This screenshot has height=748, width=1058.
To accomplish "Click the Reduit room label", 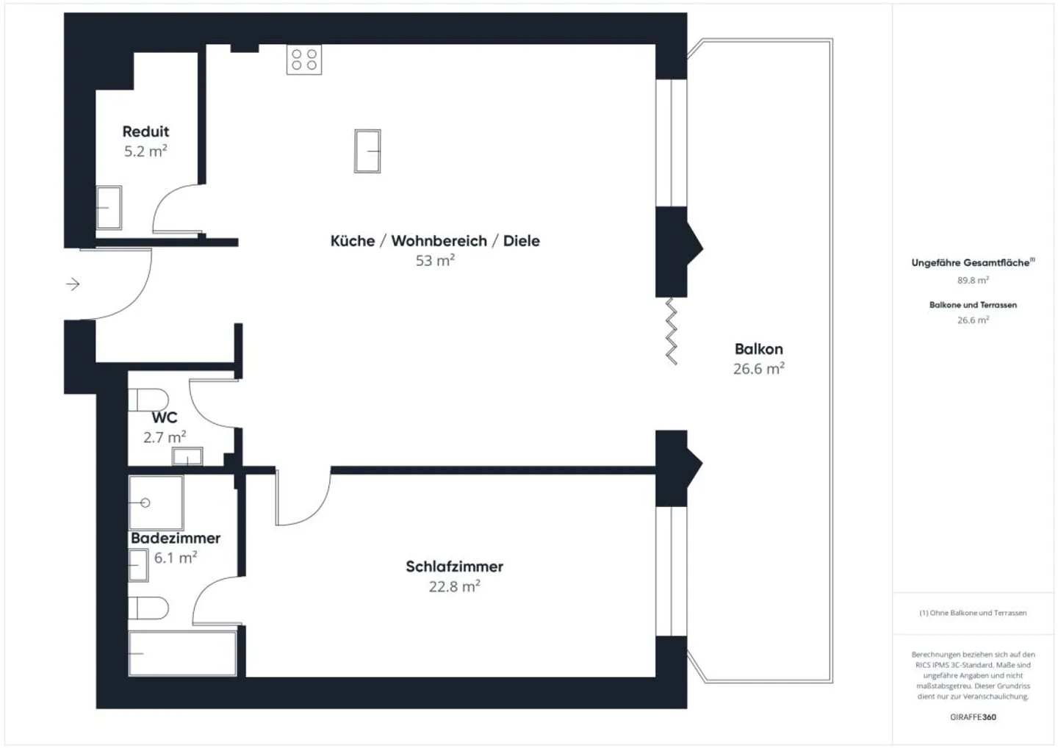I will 145,132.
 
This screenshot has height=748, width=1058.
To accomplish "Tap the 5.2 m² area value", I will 145,151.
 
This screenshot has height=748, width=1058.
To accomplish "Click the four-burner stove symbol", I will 304,60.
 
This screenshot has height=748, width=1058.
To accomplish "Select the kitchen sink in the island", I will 367,151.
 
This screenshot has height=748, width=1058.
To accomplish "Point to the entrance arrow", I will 73,284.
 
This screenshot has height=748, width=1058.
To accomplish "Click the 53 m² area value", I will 435,260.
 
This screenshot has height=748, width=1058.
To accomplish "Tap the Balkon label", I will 758,349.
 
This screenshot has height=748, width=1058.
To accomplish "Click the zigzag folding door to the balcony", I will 671,331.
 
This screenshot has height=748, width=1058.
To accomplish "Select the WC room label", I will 165,417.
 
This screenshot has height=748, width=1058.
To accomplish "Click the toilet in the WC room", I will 148,400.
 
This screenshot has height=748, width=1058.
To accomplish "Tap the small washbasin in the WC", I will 187,456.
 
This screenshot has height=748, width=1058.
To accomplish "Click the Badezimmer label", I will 176,538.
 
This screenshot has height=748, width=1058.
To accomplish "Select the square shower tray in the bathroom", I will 156,503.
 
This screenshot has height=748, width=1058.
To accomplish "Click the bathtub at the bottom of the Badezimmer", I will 182,652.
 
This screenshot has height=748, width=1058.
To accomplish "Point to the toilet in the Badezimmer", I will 148,608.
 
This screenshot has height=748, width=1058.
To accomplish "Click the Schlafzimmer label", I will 454,567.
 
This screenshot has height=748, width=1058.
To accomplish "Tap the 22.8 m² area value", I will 454,586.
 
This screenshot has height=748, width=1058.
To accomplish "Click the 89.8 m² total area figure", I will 973,280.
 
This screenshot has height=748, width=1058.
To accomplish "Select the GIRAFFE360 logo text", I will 973,716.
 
